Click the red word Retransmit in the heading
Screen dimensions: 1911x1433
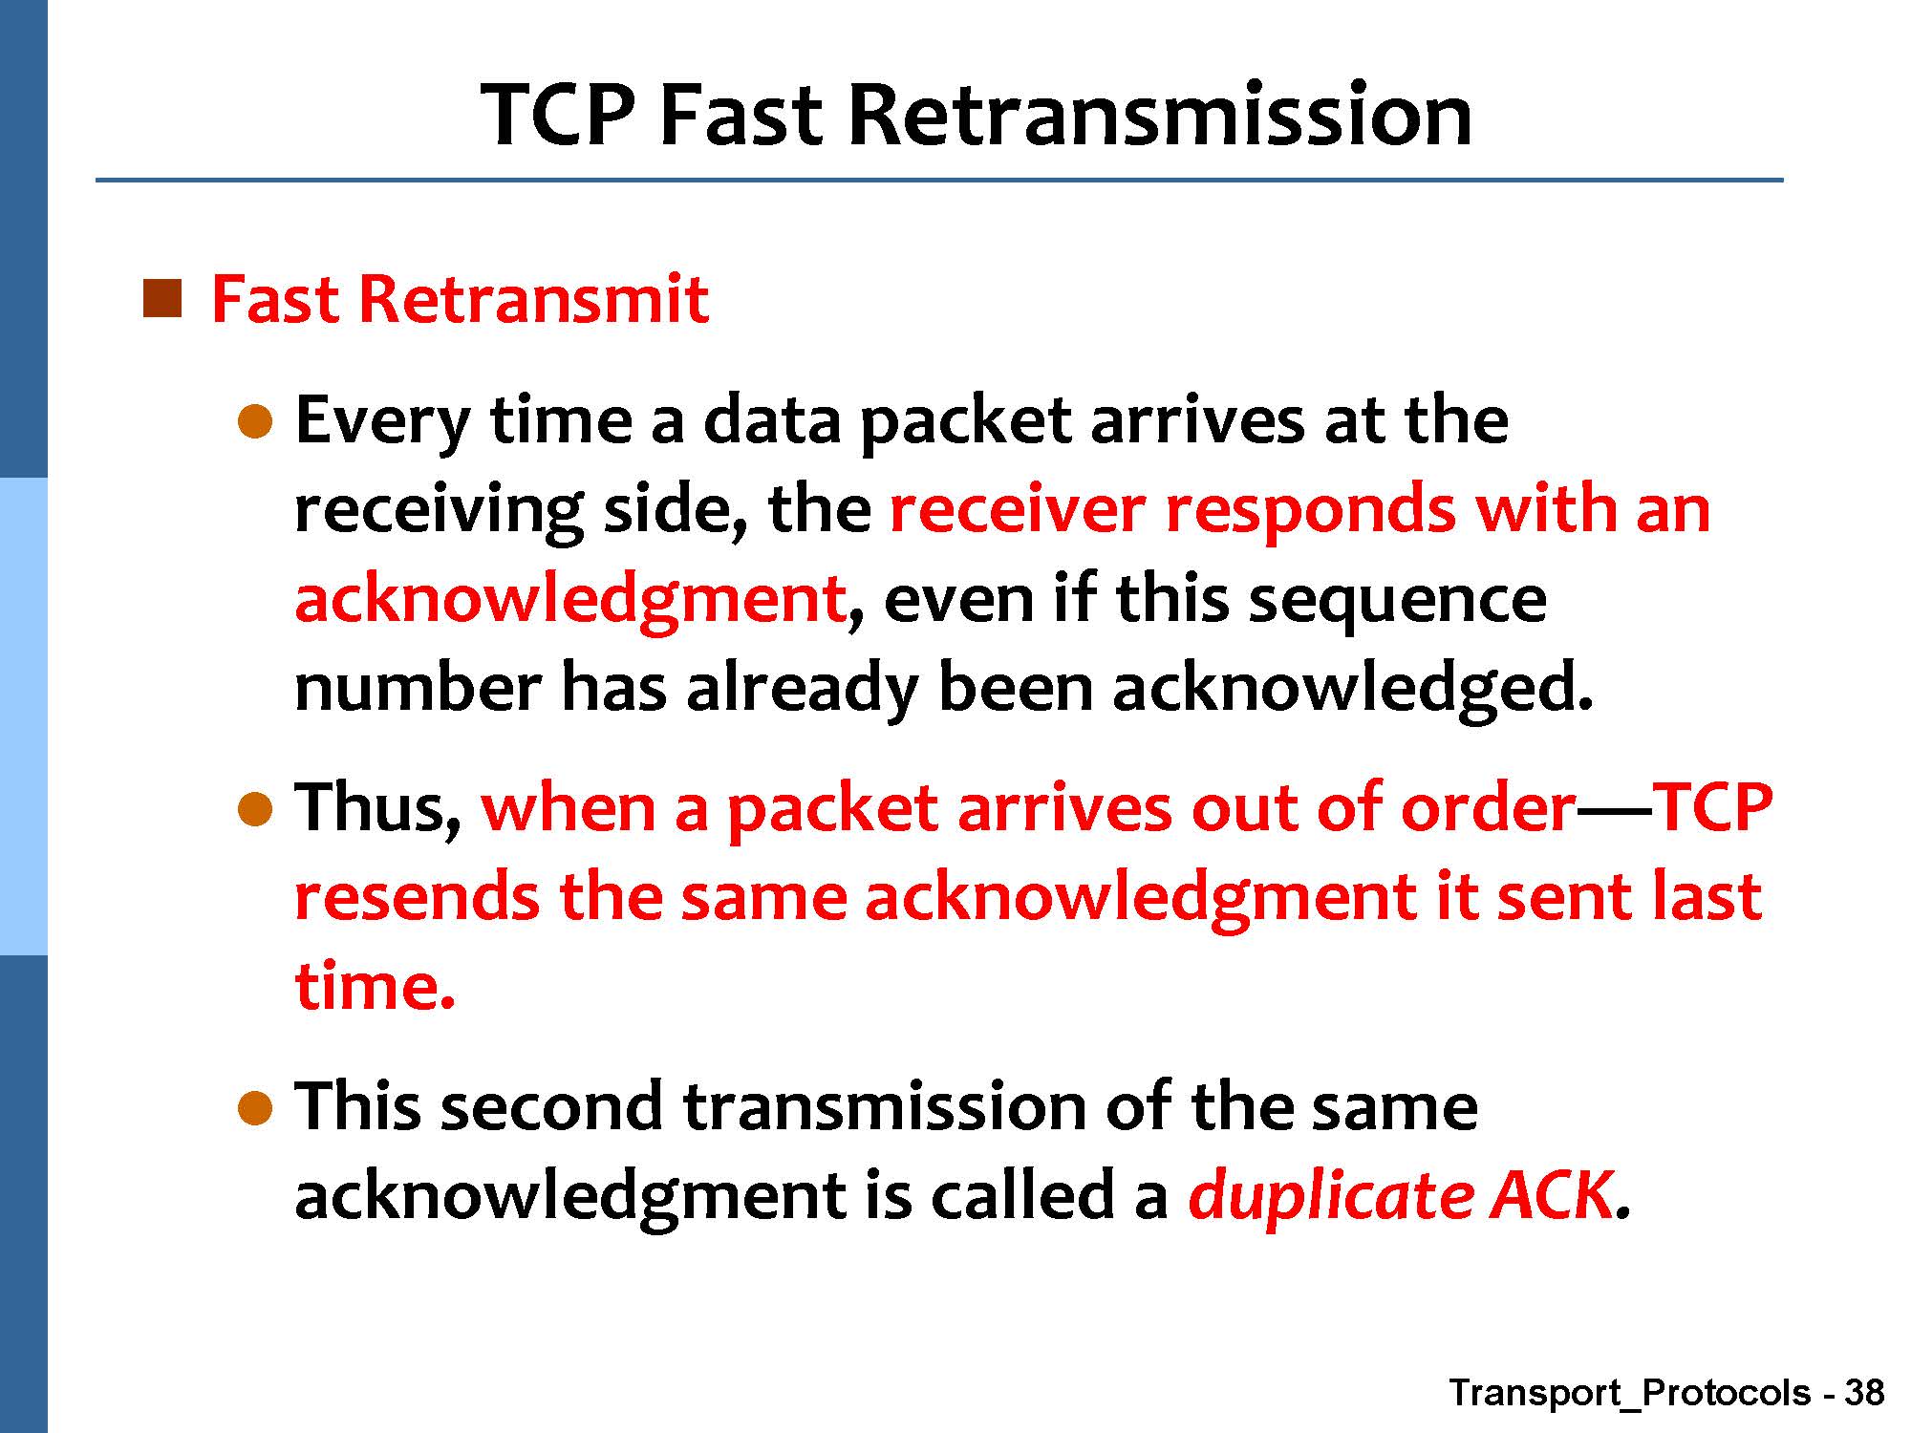coord(533,299)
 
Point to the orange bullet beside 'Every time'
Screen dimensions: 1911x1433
coord(255,420)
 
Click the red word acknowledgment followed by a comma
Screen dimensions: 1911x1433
coord(570,601)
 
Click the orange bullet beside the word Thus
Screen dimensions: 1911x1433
coord(255,809)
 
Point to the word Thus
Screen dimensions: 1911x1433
coord(378,807)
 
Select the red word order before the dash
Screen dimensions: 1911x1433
coord(1489,808)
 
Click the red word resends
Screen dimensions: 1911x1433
coord(417,897)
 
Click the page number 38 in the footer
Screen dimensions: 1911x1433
coord(1864,1393)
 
